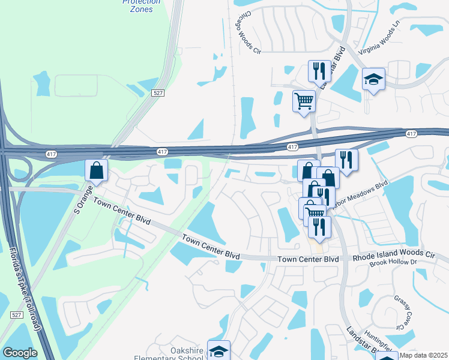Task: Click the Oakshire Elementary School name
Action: coord(179,354)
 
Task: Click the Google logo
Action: coord(20,353)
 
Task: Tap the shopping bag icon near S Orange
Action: coord(96,170)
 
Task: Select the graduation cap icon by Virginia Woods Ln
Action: coord(373,79)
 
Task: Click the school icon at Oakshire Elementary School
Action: coord(219,352)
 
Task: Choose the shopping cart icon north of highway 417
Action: coord(304,100)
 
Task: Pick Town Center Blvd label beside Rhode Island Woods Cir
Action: coord(307,259)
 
